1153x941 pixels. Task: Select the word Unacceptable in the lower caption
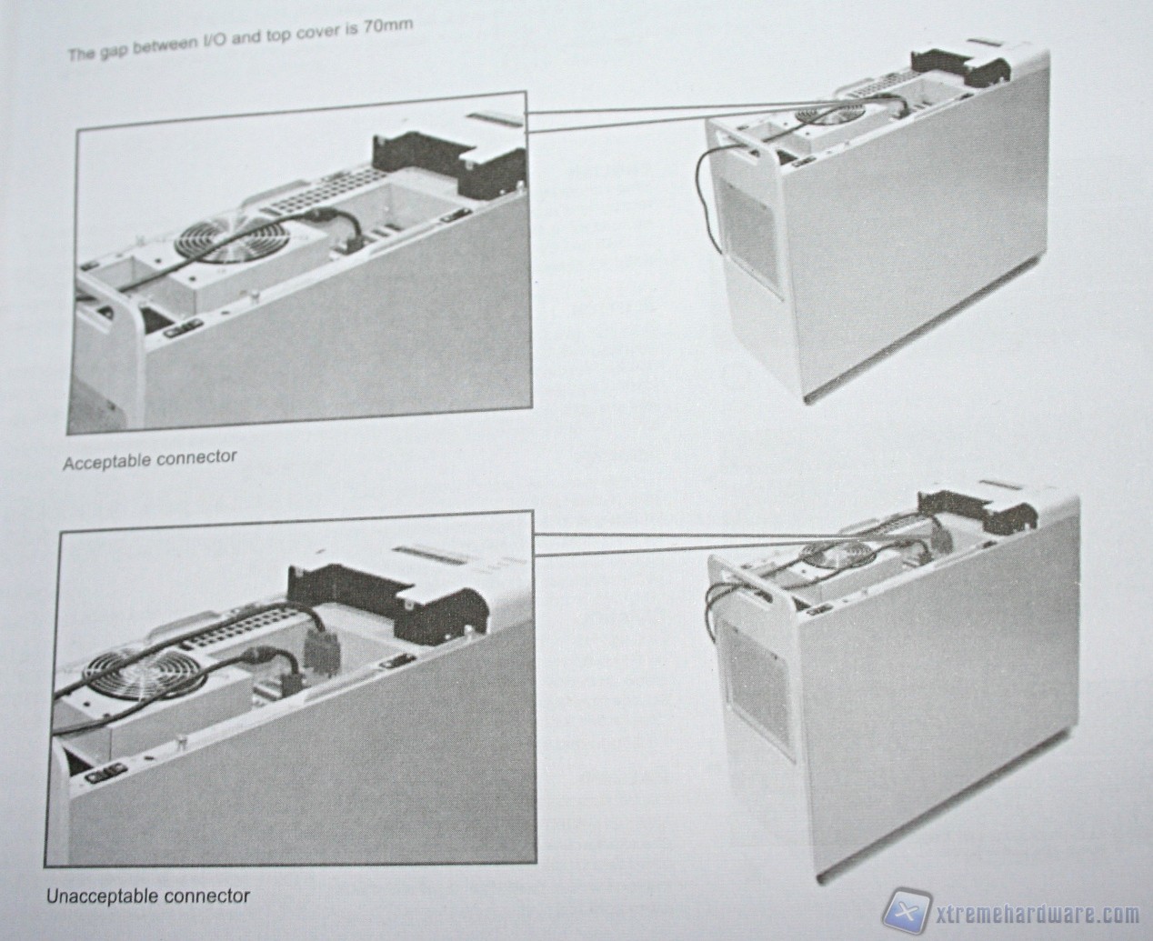pyautogui.click(x=102, y=896)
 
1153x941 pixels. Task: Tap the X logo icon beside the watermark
pyautogui.click(x=907, y=910)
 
